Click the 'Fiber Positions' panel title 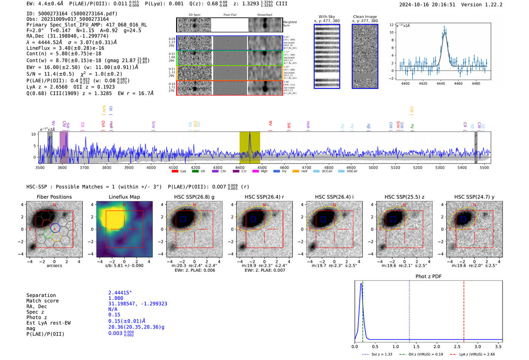click(54, 197)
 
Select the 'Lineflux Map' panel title click(124, 197)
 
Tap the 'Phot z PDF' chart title click(428, 277)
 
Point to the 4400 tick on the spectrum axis click(151, 167)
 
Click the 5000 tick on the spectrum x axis click(373, 167)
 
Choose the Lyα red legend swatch click(175, 172)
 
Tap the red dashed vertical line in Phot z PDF click(464, 310)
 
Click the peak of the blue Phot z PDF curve click(361, 284)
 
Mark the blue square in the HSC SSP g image click(183, 219)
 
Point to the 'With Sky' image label click(326, 17)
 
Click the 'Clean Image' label click(365, 17)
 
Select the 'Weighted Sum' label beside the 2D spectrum click(289, 24)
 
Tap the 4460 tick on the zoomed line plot click(458, 83)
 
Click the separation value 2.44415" click(120, 293)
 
